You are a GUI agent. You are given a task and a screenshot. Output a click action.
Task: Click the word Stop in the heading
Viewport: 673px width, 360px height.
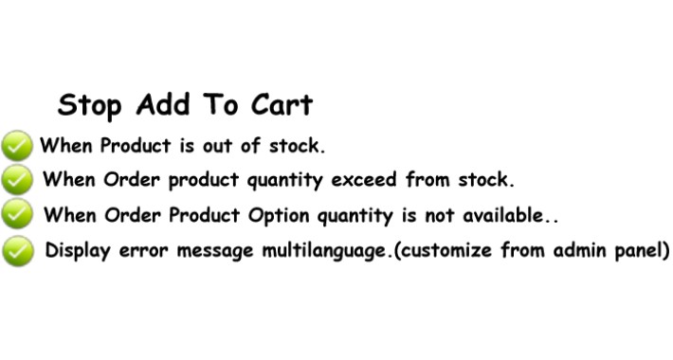tap(90, 105)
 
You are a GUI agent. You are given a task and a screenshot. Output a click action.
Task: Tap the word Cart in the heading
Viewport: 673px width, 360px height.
tap(282, 104)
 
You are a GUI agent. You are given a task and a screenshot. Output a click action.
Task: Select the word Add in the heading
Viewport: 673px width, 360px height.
tap(163, 104)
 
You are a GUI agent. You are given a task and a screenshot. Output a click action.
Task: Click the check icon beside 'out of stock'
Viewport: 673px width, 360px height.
tap(17, 146)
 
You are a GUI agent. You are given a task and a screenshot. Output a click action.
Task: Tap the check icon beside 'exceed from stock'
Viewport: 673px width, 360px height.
tap(17, 180)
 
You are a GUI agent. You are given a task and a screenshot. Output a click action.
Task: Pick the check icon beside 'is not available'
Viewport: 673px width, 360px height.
tap(17, 213)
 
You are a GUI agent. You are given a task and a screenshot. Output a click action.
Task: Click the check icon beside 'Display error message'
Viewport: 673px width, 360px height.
tap(18, 251)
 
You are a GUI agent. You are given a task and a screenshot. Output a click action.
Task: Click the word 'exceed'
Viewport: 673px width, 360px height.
tap(364, 180)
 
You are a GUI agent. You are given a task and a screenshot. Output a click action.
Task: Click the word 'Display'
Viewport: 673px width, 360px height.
tap(78, 251)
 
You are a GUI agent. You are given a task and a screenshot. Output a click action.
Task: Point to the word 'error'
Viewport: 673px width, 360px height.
tap(143, 251)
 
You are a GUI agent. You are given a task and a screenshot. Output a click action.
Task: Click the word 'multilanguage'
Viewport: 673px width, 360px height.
tap(324, 251)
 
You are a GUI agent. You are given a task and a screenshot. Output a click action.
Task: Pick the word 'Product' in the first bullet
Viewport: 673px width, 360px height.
tap(136, 146)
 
